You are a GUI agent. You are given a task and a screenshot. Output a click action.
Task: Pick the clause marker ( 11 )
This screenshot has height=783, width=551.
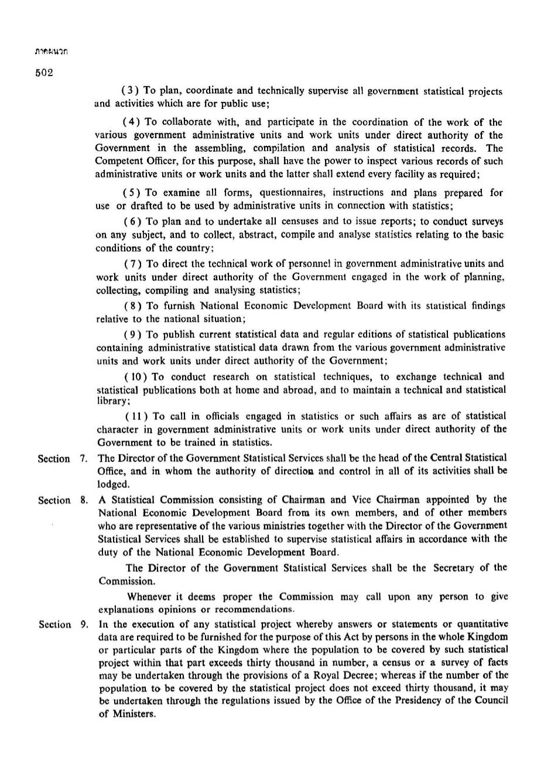(136, 416)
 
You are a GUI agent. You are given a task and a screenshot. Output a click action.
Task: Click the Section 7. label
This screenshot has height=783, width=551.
(63, 459)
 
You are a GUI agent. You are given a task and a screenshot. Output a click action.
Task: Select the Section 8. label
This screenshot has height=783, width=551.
(63, 500)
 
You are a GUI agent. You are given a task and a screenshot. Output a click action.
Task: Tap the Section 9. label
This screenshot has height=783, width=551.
(63, 625)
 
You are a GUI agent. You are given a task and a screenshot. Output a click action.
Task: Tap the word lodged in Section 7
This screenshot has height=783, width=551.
(113, 484)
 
